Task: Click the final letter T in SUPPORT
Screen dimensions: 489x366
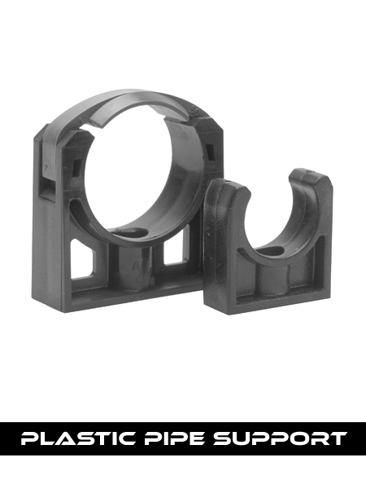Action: [337, 439]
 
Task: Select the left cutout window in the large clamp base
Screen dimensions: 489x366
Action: [88, 260]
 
